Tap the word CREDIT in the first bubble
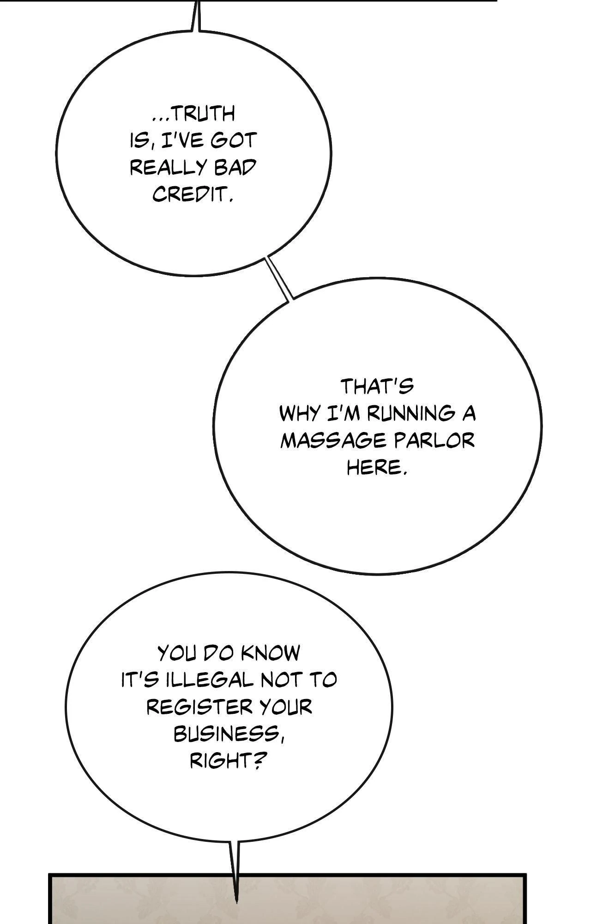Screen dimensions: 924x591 [x=192, y=195]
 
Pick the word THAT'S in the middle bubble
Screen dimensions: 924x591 [x=377, y=386]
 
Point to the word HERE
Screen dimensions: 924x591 [x=376, y=468]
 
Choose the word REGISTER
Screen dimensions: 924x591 [x=200, y=707]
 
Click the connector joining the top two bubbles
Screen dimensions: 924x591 [x=279, y=279]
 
